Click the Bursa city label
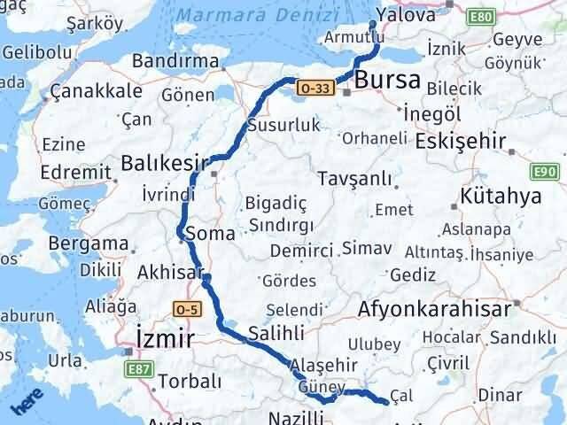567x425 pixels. click(x=387, y=81)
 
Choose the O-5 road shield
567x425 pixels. click(x=187, y=308)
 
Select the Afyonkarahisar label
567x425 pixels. click(x=435, y=309)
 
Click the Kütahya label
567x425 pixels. click(x=501, y=196)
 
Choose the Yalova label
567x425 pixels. click(x=406, y=15)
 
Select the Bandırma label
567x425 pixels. click(x=175, y=61)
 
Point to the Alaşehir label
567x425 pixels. click(x=325, y=365)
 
